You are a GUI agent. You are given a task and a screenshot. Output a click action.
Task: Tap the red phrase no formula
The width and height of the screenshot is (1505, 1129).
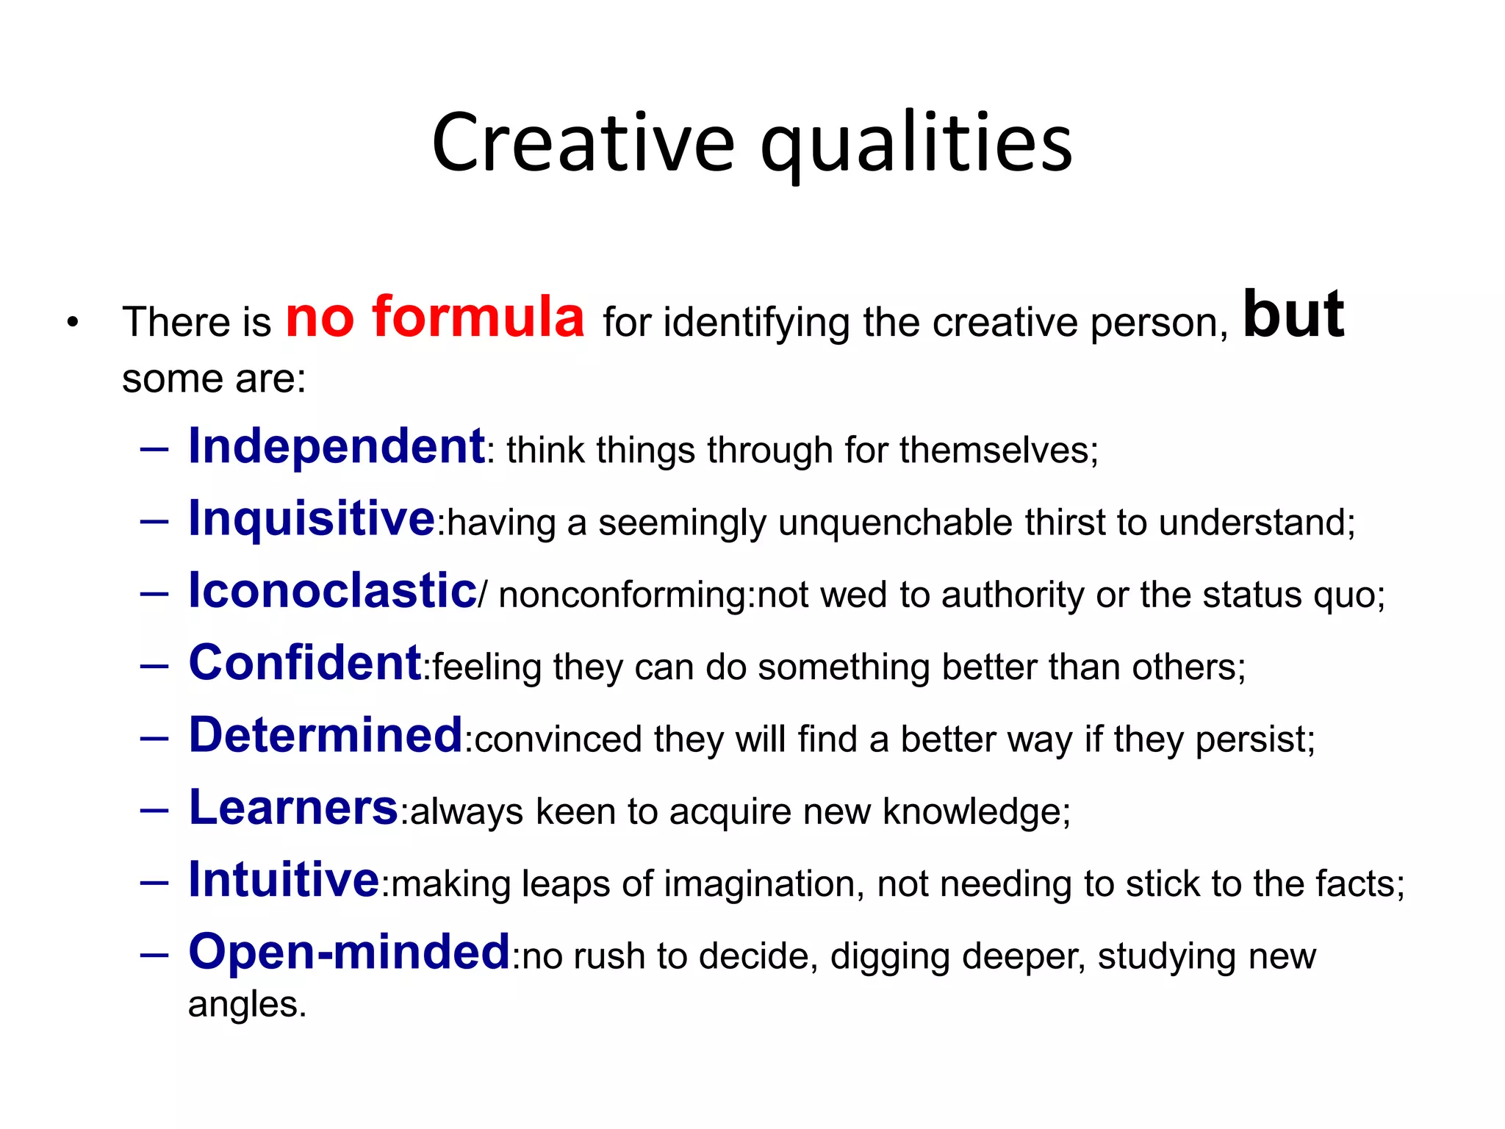(434, 318)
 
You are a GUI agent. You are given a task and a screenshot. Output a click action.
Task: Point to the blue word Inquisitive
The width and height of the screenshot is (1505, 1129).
(312, 519)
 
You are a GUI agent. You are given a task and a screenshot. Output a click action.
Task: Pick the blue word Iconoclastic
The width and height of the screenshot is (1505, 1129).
(332, 591)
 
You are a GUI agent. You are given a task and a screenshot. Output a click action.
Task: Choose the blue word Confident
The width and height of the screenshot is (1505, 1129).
(304, 663)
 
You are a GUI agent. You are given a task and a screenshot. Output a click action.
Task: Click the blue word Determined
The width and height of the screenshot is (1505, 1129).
(326, 735)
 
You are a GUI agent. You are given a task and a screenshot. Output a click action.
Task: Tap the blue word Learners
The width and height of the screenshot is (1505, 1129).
(293, 808)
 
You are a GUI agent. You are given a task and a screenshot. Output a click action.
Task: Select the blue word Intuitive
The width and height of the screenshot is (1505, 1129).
(284, 880)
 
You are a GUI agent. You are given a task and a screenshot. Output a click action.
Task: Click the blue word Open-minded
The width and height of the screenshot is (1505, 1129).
(349, 952)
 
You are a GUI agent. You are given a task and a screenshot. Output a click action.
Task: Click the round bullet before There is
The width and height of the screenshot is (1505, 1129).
(72, 322)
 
